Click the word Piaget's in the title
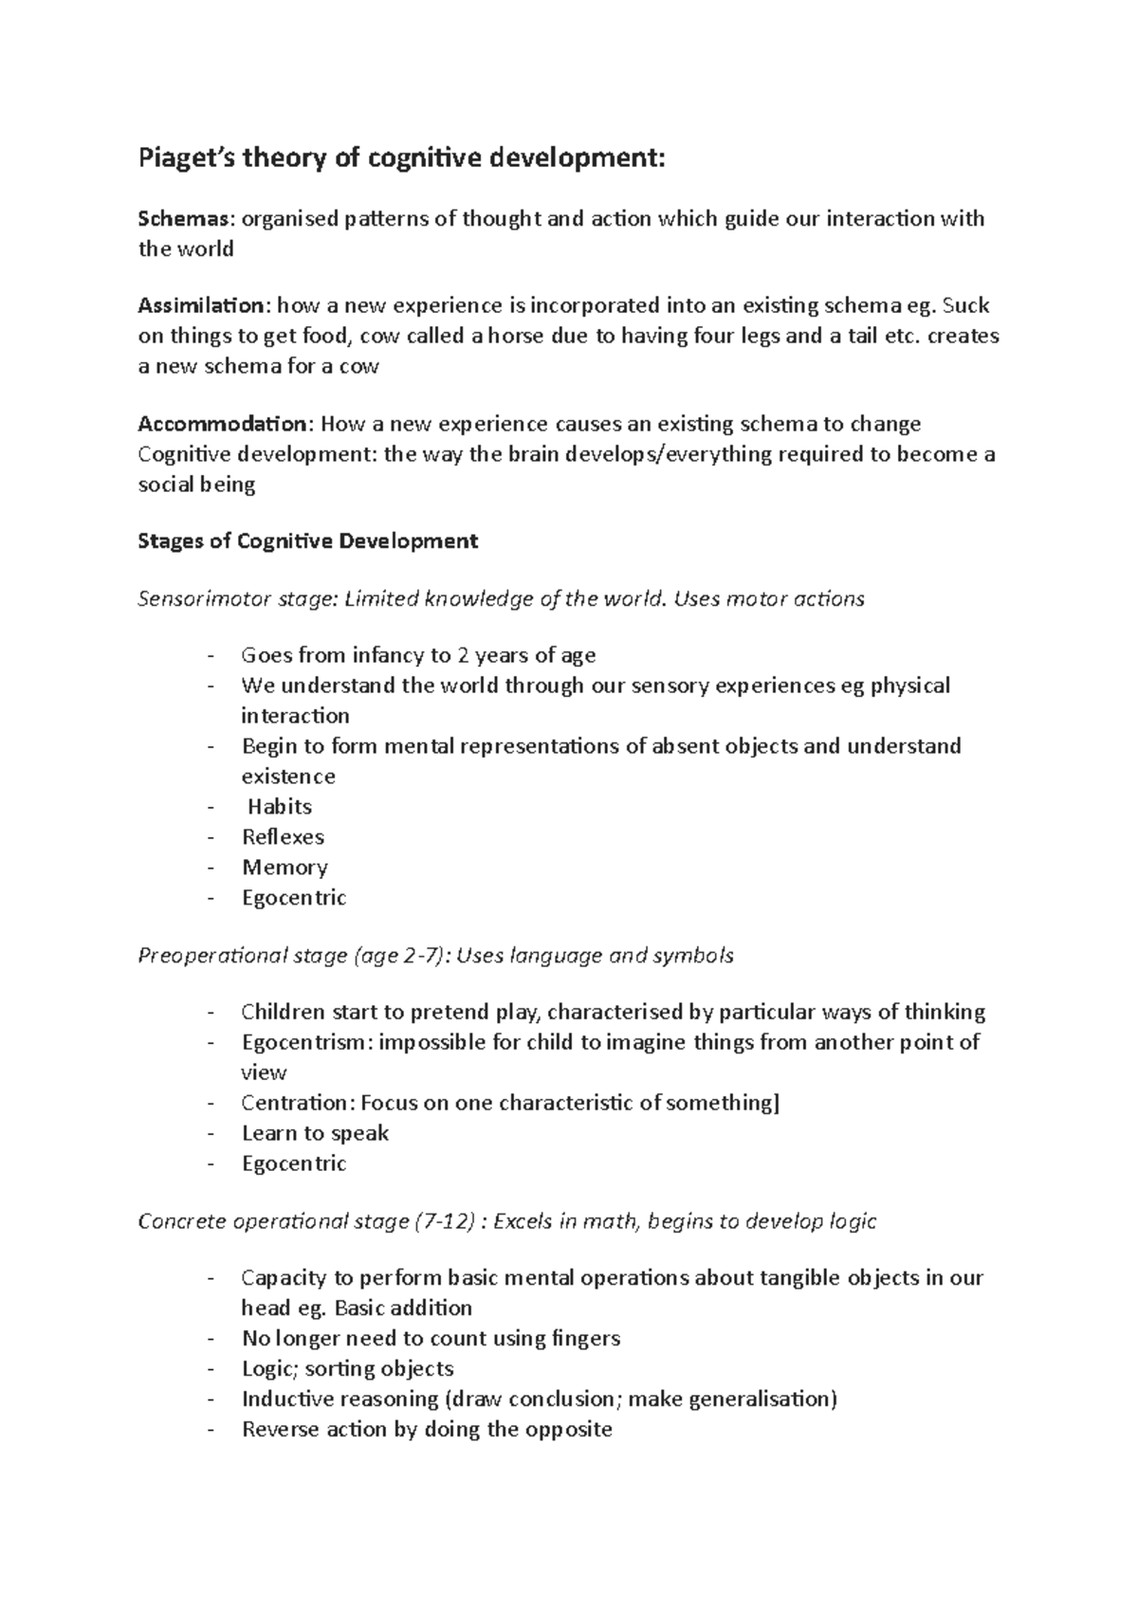(x=186, y=158)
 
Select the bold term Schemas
(x=183, y=219)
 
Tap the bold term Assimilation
(x=202, y=305)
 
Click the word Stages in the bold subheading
(x=172, y=541)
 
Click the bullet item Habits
(x=279, y=807)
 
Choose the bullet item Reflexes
(x=283, y=837)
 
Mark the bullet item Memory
(x=284, y=868)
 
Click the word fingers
(x=585, y=1339)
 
